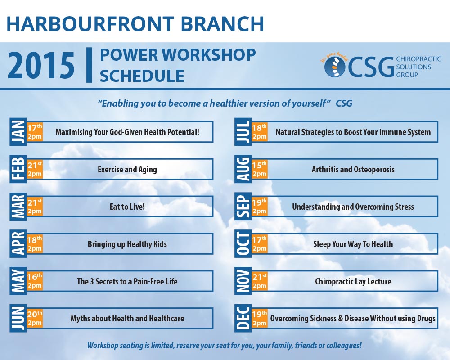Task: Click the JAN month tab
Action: coord(18,132)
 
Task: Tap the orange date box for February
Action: coord(35,169)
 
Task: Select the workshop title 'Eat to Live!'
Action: coord(127,207)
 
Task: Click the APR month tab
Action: coord(18,244)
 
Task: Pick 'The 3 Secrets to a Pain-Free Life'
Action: coord(127,281)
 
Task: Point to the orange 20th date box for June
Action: coord(35,318)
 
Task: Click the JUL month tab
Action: coord(243,132)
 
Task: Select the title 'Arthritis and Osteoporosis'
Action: coord(353,169)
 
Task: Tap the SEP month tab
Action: coord(243,207)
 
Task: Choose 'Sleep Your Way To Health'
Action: coord(353,244)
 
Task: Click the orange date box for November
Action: coord(260,281)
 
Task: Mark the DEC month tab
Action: coord(243,318)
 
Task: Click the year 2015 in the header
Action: coord(41,66)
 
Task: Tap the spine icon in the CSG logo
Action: coord(335,67)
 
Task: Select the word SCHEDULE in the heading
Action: coord(142,76)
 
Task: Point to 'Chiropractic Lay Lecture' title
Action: coord(353,281)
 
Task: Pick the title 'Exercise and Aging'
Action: coord(127,169)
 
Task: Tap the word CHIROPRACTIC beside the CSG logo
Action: coord(418,59)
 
